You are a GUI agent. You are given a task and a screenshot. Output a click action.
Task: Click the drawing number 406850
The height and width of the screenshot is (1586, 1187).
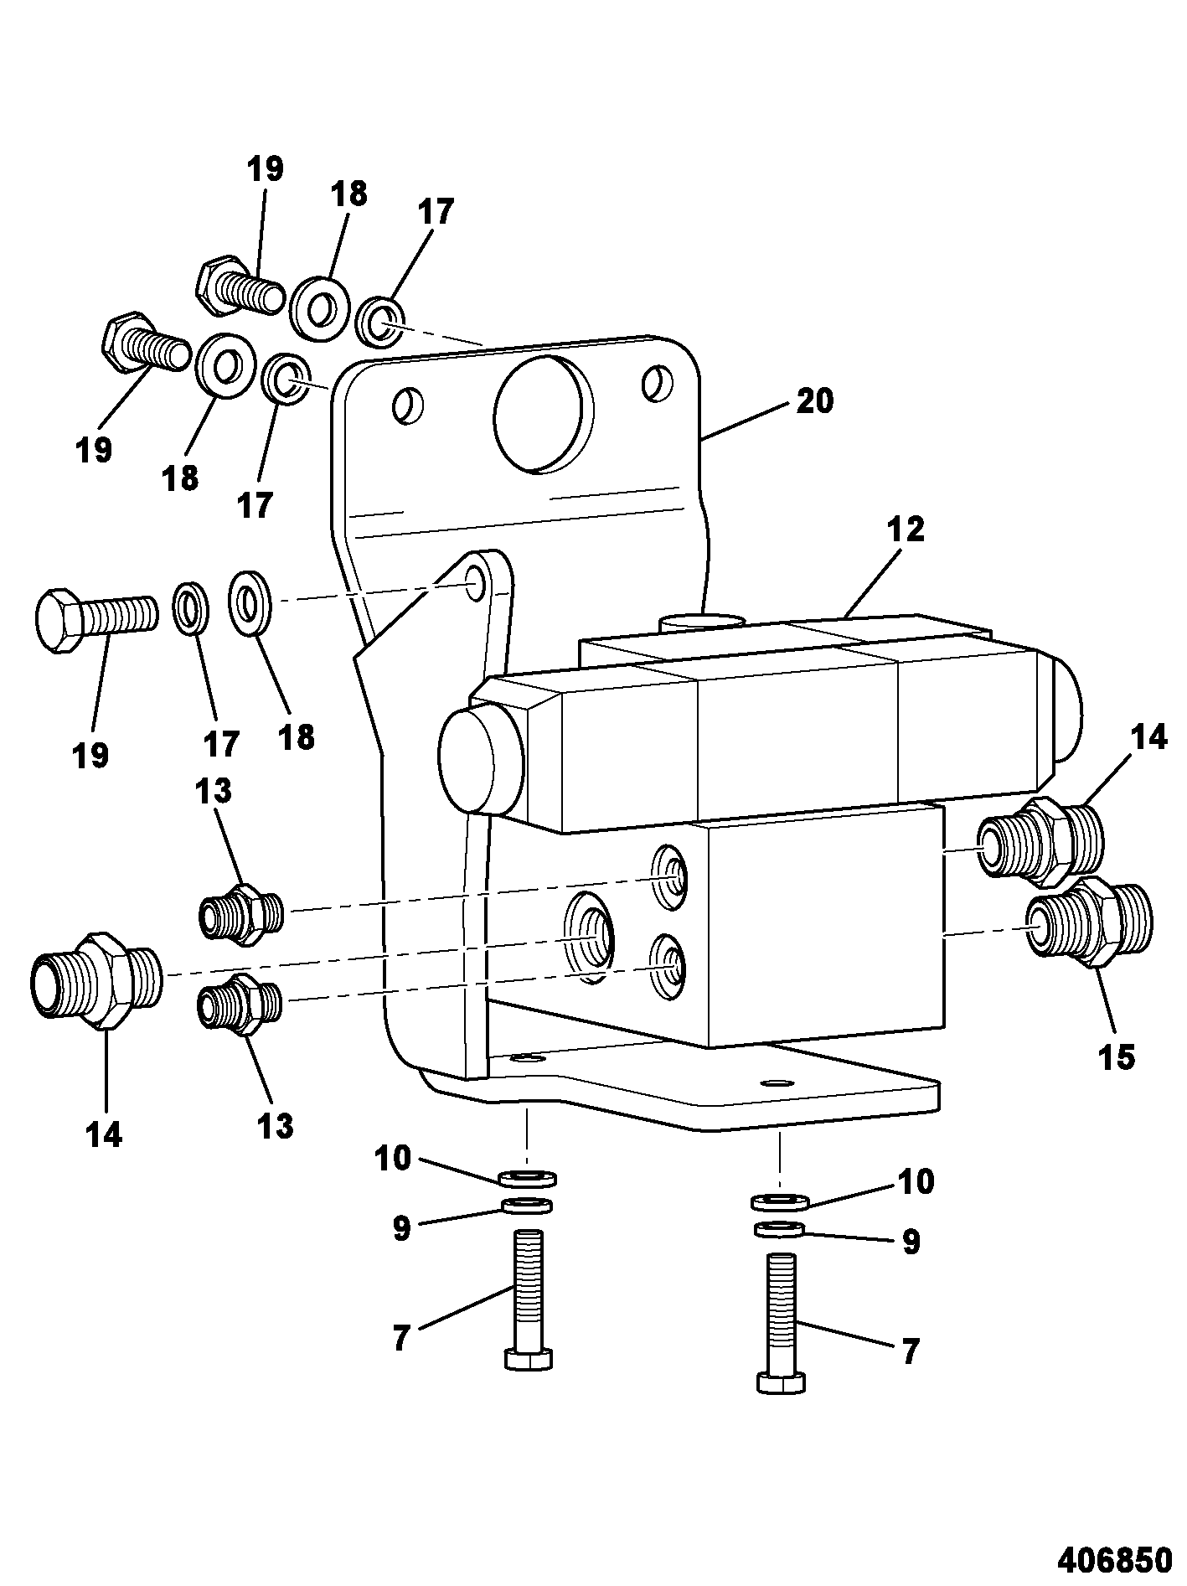pos(1114,1560)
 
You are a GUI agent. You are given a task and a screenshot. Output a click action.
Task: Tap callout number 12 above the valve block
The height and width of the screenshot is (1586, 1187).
pos(906,530)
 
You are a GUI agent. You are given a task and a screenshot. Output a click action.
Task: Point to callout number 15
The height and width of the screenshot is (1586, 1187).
pos(1117,1057)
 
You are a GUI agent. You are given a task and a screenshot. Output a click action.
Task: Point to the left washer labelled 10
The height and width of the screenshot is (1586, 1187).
pos(528,1179)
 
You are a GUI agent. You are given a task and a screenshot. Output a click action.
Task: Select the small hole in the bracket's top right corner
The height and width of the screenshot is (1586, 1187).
pos(657,383)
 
